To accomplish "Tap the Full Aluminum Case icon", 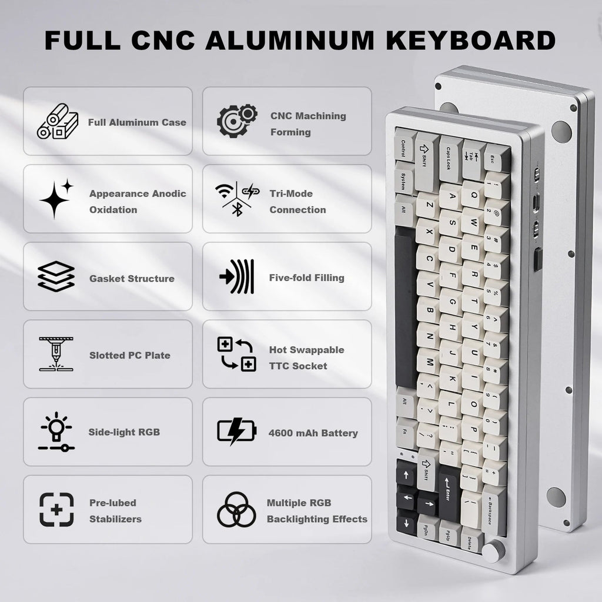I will click(x=57, y=122).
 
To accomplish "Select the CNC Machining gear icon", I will click(x=236, y=122).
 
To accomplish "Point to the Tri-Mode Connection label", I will click(x=297, y=202).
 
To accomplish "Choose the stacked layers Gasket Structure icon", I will click(x=56, y=276).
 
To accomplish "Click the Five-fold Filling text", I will click(x=306, y=277).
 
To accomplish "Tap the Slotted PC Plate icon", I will click(x=56, y=354).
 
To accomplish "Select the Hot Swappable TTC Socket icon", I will click(x=236, y=354).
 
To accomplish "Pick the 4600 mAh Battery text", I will click(x=313, y=433).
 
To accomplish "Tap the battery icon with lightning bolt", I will click(x=236, y=431).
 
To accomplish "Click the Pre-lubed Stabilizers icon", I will click(x=56, y=509).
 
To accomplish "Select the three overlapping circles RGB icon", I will click(x=236, y=509).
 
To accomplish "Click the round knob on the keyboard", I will click(x=492, y=551).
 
